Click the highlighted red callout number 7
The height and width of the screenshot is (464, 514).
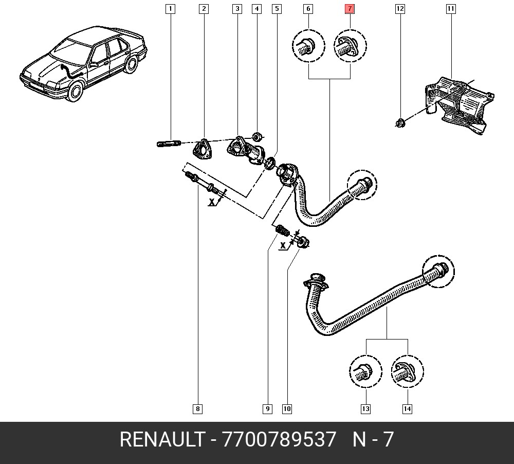(x=350, y=9)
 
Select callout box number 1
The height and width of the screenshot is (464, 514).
(x=170, y=9)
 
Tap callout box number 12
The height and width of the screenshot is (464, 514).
(x=400, y=9)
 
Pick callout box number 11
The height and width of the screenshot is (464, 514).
(x=451, y=9)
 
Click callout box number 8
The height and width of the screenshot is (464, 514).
(x=197, y=409)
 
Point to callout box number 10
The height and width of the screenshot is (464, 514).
(x=287, y=409)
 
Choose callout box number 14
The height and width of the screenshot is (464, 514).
(x=407, y=409)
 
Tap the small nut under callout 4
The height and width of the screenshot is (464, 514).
(x=258, y=137)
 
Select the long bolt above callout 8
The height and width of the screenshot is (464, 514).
(x=206, y=183)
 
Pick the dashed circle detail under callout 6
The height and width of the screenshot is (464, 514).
(x=308, y=47)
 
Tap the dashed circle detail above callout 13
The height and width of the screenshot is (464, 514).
(x=365, y=371)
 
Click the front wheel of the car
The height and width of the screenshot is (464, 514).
(x=76, y=92)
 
